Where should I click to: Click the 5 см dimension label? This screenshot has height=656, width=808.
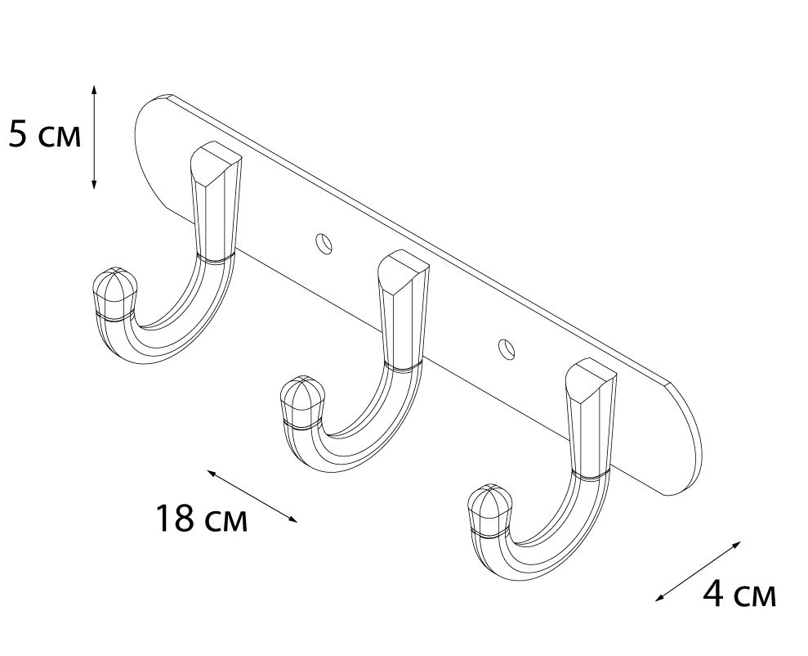46,136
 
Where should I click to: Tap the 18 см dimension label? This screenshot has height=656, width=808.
202,518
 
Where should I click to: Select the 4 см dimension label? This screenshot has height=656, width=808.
739,595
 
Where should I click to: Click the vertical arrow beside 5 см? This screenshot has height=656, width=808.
94,137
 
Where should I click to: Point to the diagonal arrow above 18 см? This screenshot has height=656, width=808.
252,496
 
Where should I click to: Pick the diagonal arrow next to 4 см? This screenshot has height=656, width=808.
698,572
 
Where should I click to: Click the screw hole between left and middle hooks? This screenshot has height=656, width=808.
324,244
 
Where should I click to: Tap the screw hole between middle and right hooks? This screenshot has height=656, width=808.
507,348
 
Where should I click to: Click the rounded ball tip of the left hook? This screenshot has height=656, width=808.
114,292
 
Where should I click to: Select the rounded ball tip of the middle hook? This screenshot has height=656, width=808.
302,402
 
